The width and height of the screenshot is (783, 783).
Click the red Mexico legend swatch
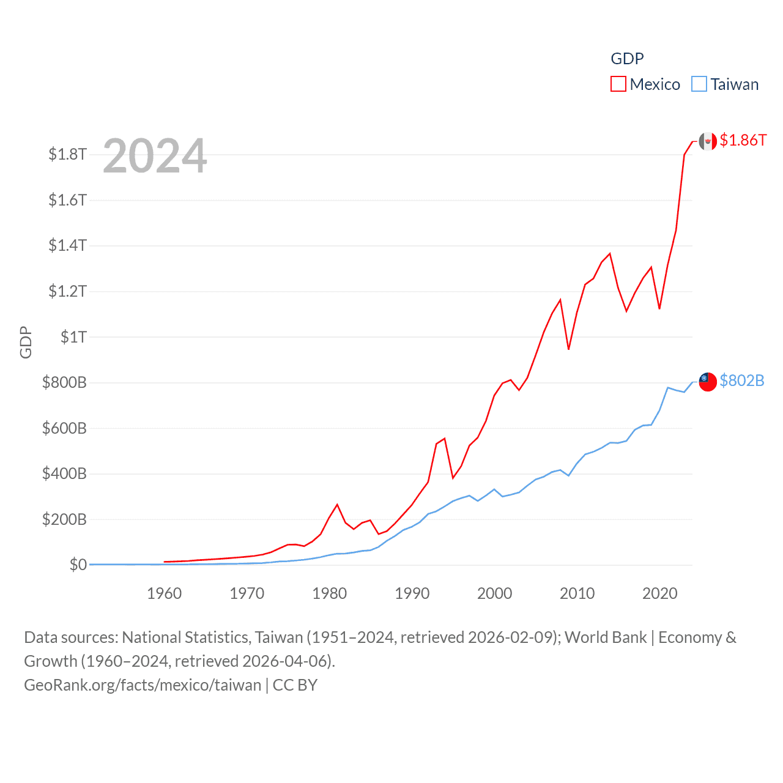(x=618, y=84)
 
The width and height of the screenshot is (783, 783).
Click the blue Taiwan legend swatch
(x=699, y=84)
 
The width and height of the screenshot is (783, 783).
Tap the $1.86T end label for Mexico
(x=743, y=140)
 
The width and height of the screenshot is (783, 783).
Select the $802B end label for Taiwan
(x=741, y=380)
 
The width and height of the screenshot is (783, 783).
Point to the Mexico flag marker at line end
(x=708, y=141)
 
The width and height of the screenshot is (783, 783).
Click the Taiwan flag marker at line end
(x=708, y=381)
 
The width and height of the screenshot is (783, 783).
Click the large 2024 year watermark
(x=155, y=156)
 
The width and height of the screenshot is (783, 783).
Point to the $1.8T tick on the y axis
(x=67, y=154)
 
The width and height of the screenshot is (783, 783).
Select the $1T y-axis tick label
(x=73, y=336)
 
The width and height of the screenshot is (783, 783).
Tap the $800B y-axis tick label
(x=64, y=382)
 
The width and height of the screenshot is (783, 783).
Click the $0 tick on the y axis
(x=78, y=565)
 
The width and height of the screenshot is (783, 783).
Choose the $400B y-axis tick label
(x=64, y=473)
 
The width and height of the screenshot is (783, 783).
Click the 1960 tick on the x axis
(x=164, y=593)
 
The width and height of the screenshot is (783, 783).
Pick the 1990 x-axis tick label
(x=412, y=593)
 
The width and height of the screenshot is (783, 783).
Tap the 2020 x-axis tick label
(x=659, y=593)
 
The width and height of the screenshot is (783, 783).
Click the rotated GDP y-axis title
(x=26, y=342)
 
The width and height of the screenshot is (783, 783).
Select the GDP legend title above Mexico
(x=627, y=59)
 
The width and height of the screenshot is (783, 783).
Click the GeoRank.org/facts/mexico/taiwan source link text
(x=143, y=685)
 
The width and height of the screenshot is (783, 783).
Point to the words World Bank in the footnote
(x=605, y=637)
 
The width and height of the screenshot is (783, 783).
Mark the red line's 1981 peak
(x=337, y=505)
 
